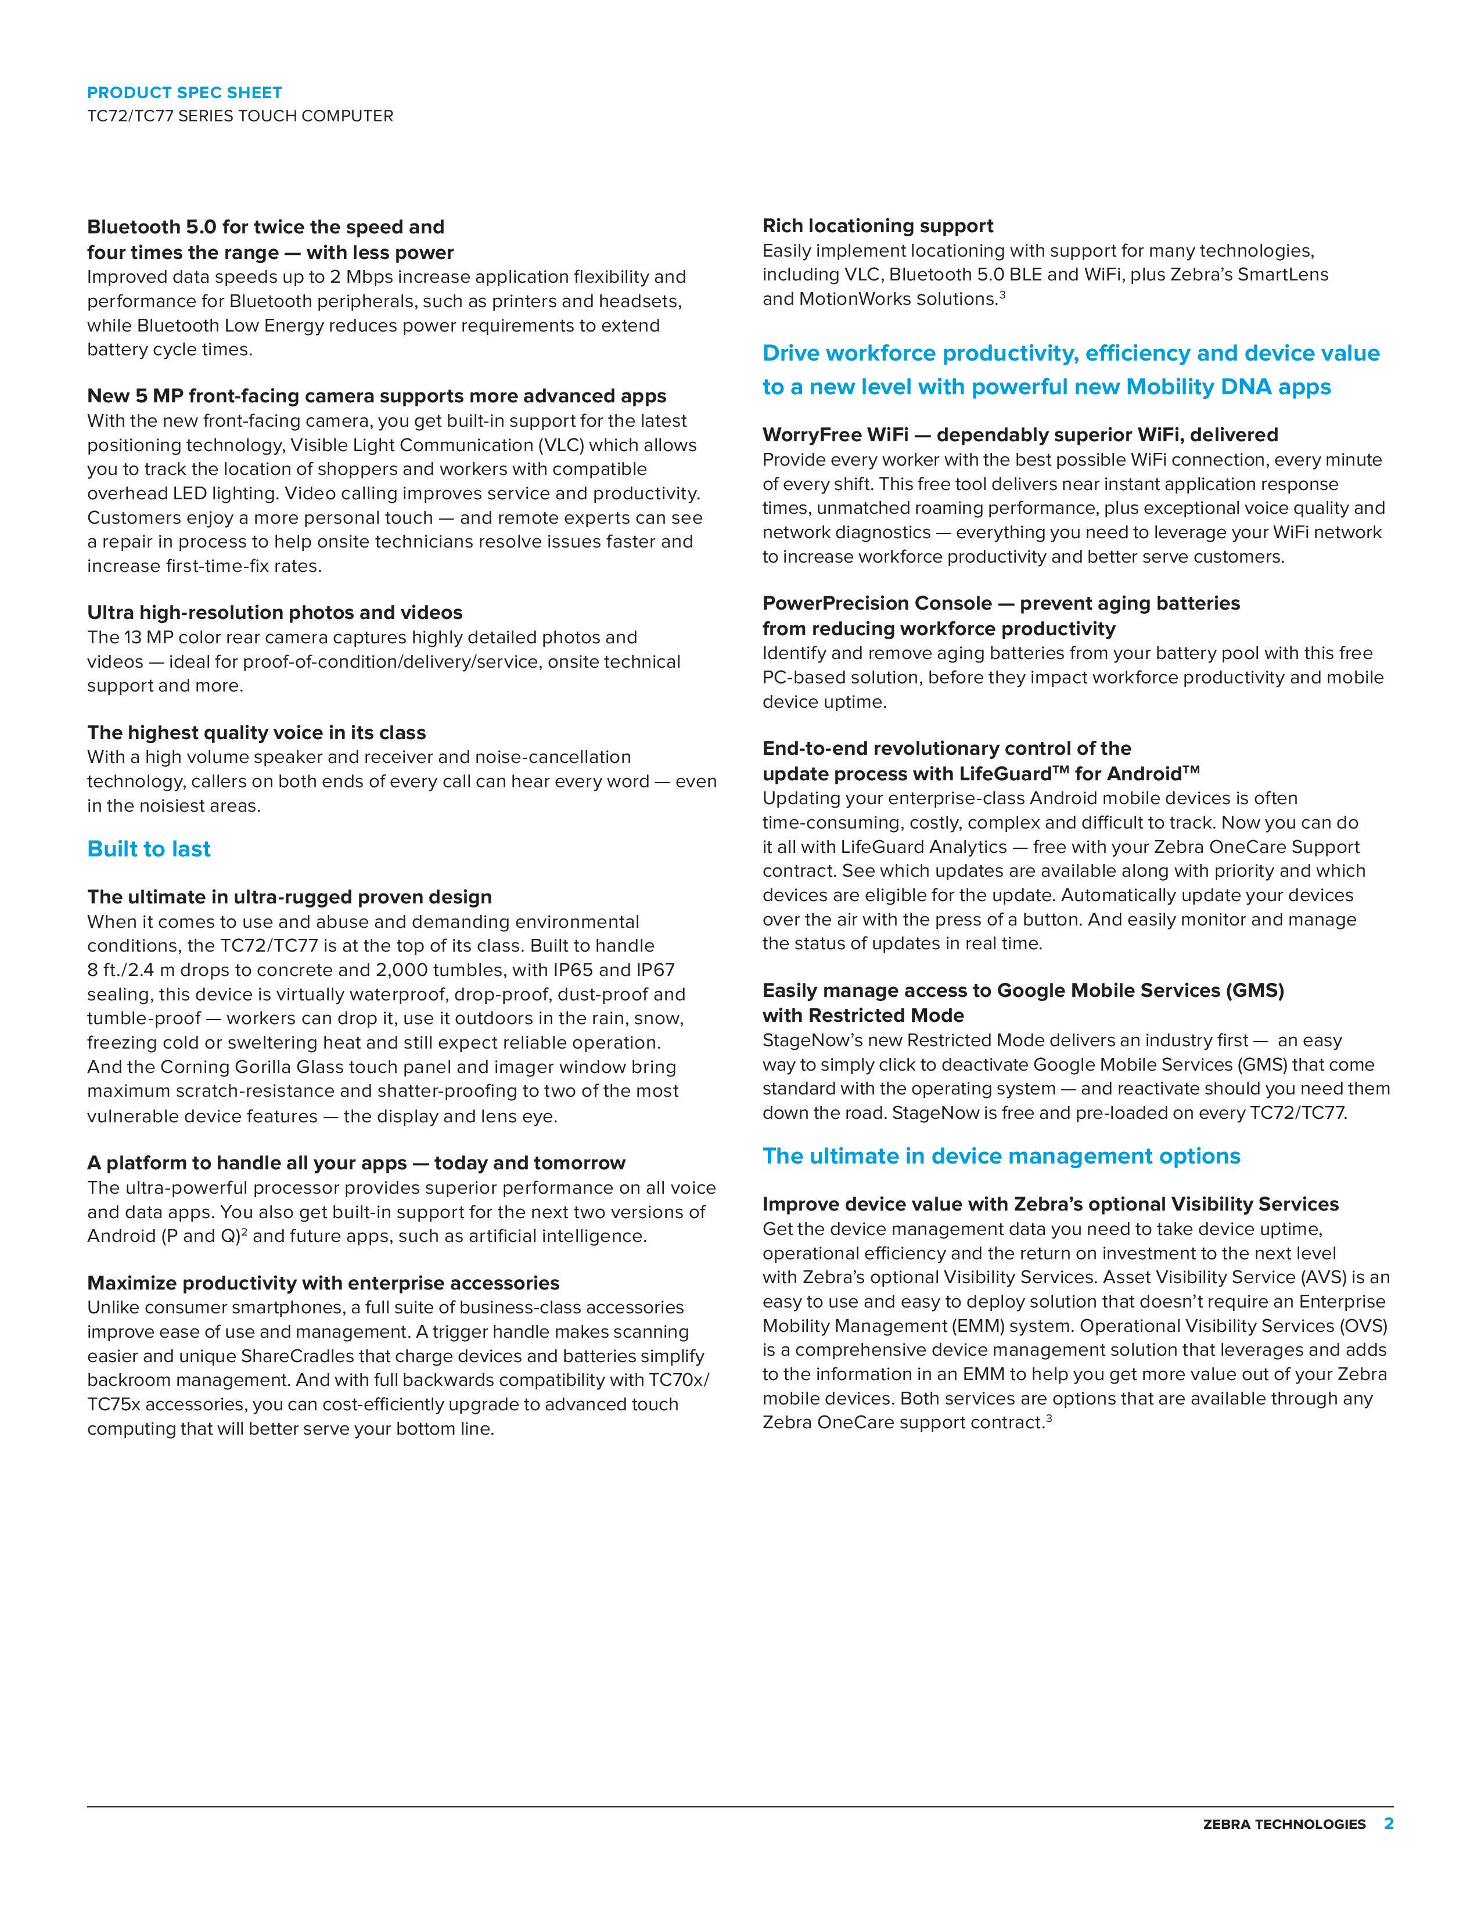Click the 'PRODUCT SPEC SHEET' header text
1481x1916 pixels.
click(184, 92)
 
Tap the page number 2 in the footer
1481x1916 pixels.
click(1388, 1823)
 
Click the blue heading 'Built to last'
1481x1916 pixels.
click(149, 849)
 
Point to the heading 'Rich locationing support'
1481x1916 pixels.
click(878, 226)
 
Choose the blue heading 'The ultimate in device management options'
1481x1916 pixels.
click(1001, 1156)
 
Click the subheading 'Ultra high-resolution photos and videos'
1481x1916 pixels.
click(275, 613)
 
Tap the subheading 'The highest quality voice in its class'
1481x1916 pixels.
click(256, 733)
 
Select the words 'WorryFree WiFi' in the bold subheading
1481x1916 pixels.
click(835, 435)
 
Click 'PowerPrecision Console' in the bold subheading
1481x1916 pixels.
click(876, 604)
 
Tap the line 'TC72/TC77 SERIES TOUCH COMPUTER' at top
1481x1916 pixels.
click(239, 116)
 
